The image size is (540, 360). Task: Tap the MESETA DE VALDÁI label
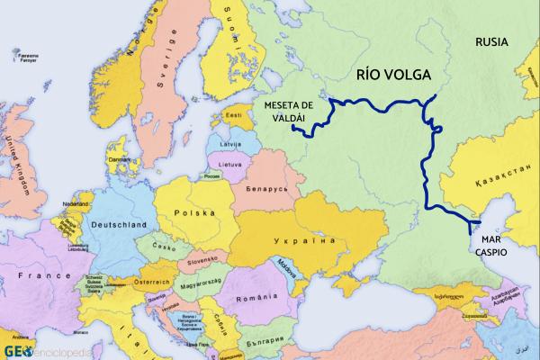[x=291, y=112]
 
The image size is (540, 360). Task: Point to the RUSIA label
[x=492, y=41]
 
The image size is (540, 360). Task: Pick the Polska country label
[x=198, y=212]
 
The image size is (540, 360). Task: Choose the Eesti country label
[x=234, y=115]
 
